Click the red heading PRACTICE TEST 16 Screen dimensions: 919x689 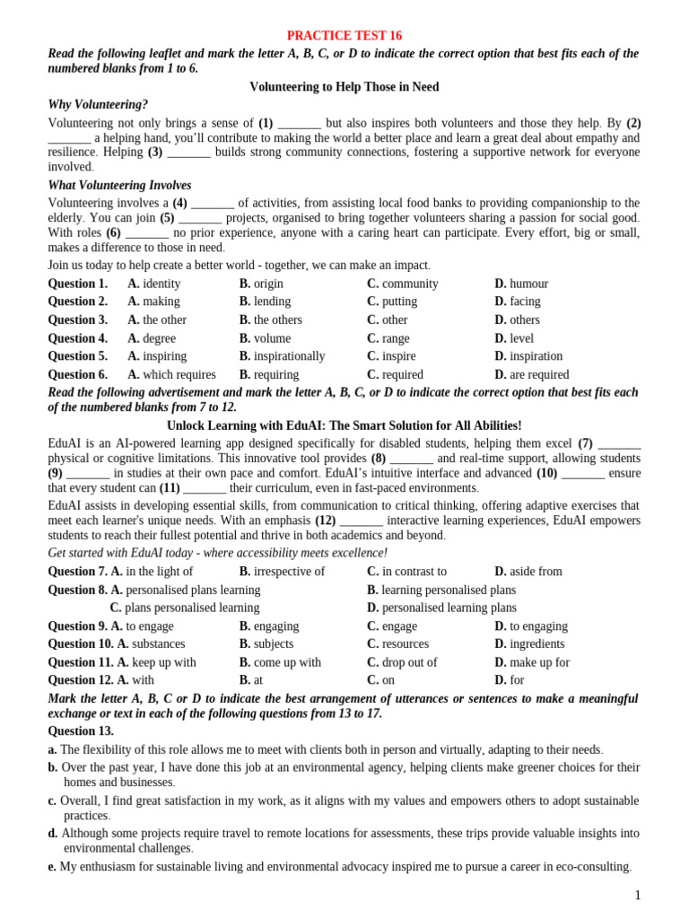point(344,36)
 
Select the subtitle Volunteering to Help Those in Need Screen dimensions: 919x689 point(344,87)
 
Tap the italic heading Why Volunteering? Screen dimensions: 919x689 point(98,105)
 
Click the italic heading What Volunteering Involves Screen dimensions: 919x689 point(119,186)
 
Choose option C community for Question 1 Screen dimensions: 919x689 point(403,284)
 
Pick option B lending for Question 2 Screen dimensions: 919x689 point(265,302)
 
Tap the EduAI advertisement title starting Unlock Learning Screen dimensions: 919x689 point(344,425)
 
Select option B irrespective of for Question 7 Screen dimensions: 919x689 point(282,571)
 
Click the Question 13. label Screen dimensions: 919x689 point(81,731)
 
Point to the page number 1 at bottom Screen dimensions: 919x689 point(638,895)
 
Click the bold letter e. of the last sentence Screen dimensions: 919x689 point(52,867)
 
